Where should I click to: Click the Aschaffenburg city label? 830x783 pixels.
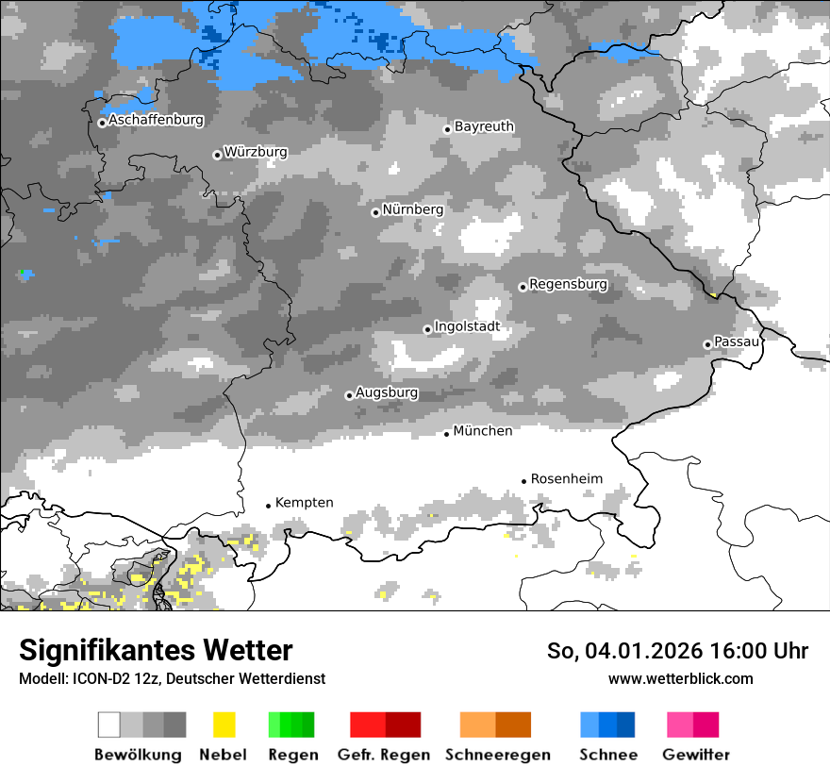pyautogui.click(x=156, y=121)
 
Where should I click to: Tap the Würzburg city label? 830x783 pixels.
pyautogui.click(x=256, y=152)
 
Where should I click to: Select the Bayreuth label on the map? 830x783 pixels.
pyautogui.click(x=484, y=126)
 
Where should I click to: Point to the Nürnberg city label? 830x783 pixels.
pyautogui.click(x=413, y=209)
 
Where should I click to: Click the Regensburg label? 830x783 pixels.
pyautogui.click(x=568, y=284)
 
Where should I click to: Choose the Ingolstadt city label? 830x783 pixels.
pyautogui.click(x=467, y=327)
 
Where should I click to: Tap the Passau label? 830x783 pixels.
pyautogui.click(x=736, y=342)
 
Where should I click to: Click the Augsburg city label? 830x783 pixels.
pyautogui.click(x=387, y=393)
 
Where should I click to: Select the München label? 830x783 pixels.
pyautogui.click(x=483, y=431)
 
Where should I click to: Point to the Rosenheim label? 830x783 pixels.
pyautogui.click(x=566, y=479)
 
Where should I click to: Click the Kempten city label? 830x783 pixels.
pyautogui.click(x=304, y=503)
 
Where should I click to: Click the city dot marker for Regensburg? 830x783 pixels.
pyautogui.click(x=523, y=287)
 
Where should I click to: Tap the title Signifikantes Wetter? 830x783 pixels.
pyautogui.click(x=156, y=651)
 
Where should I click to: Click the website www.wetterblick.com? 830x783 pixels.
pyautogui.click(x=680, y=678)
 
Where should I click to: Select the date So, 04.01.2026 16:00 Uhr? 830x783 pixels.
pyautogui.click(x=677, y=651)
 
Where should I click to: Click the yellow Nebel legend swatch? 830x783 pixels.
pyautogui.click(x=224, y=725)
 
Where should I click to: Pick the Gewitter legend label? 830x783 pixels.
pyautogui.click(x=696, y=755)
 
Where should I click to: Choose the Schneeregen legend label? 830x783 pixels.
pyautogui.click(x=498, y=755)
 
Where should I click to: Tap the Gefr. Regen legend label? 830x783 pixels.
pyautogui.click(x=384, y=755)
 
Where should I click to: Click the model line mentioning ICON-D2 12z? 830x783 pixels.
pyautogui.click(x=172, y=678)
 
